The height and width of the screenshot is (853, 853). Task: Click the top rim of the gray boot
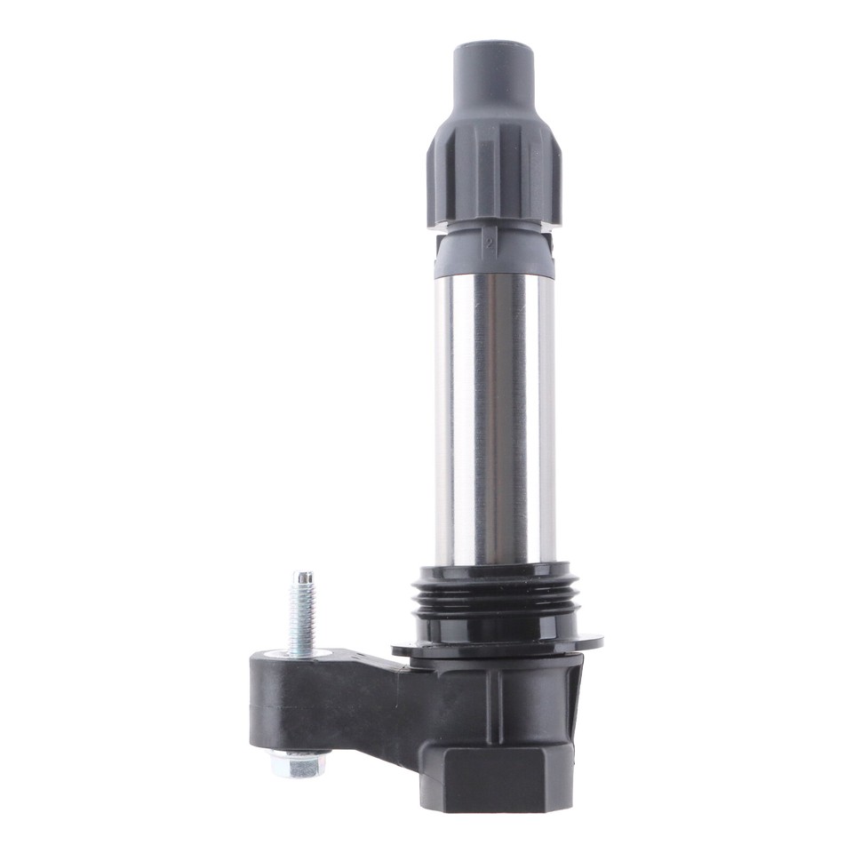coord(492,44)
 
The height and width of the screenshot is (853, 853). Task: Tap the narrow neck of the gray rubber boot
coord(492,84)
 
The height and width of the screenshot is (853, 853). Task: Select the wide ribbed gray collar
coord(493,173)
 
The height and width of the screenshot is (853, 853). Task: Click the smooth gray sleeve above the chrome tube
coord(493,258)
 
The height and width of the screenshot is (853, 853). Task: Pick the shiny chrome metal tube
coord(495,418)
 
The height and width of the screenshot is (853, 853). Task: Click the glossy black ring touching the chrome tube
coord(494,570)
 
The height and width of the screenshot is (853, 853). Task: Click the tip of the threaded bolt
coord(303,576)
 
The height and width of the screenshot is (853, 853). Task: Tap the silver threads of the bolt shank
coord(302,613)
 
